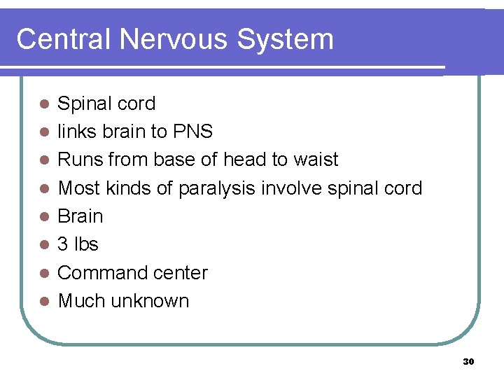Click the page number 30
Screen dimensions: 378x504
click(x=468, y=362)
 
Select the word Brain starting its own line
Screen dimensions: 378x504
click(x=80, y=216)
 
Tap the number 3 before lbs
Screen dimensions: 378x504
click(x=62, y=244)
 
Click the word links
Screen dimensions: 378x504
click(x=73, y=132)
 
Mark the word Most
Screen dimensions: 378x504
click(x=78, y=188)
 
